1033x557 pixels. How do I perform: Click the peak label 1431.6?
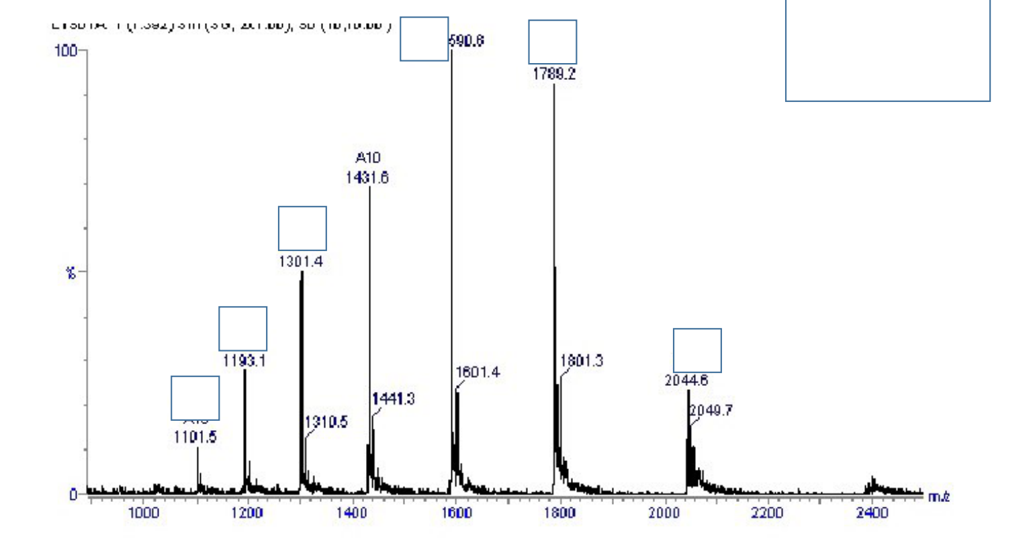pyautogui.click(x=367, y=178)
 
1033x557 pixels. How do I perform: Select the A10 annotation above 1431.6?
pyautogui.click(x=367, y=158)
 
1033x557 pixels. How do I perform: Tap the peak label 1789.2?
pyautogui.click(x=553, y=74)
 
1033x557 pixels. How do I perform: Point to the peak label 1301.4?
pyautogui.click(x=301, y=261)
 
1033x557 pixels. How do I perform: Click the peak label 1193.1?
pyautogui.click(x=244, y=361)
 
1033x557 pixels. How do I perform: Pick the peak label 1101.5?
pyautogui.click(x=195, y=438)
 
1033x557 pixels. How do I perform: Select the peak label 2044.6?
pyautogui.click(x=686, y=381)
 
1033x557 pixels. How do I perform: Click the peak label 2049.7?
pyautogui.click(x=711, y=410)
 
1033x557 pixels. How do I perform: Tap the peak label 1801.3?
pyautogui.click(x=582, y=361)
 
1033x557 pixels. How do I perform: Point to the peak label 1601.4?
pyautogui.click(x=478, y=372)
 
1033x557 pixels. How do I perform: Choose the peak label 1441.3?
pyautogui.click(x=394, y=399)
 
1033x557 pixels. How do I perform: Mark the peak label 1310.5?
pyautogui.click(x=326, y=422)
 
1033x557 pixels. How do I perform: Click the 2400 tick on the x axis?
pyautogui.click(x=872, y=513)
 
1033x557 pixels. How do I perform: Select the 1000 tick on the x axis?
pyautogui.click(x=143, y=513)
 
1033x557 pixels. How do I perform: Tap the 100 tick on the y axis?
pyautogui.click(x=65, y=50)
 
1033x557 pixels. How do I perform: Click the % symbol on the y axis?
pyautogui.click(x=71, y=273)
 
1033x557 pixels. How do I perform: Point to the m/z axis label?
pyautogui.click(x=938, y=497)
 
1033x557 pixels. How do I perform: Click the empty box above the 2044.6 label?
pyautogui.click(x=697, y=350)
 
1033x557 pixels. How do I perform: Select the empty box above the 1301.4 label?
pyautogui.click(x=302, y=228)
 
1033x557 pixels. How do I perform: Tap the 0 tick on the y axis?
pyautogui.click(x=73, y=495)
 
